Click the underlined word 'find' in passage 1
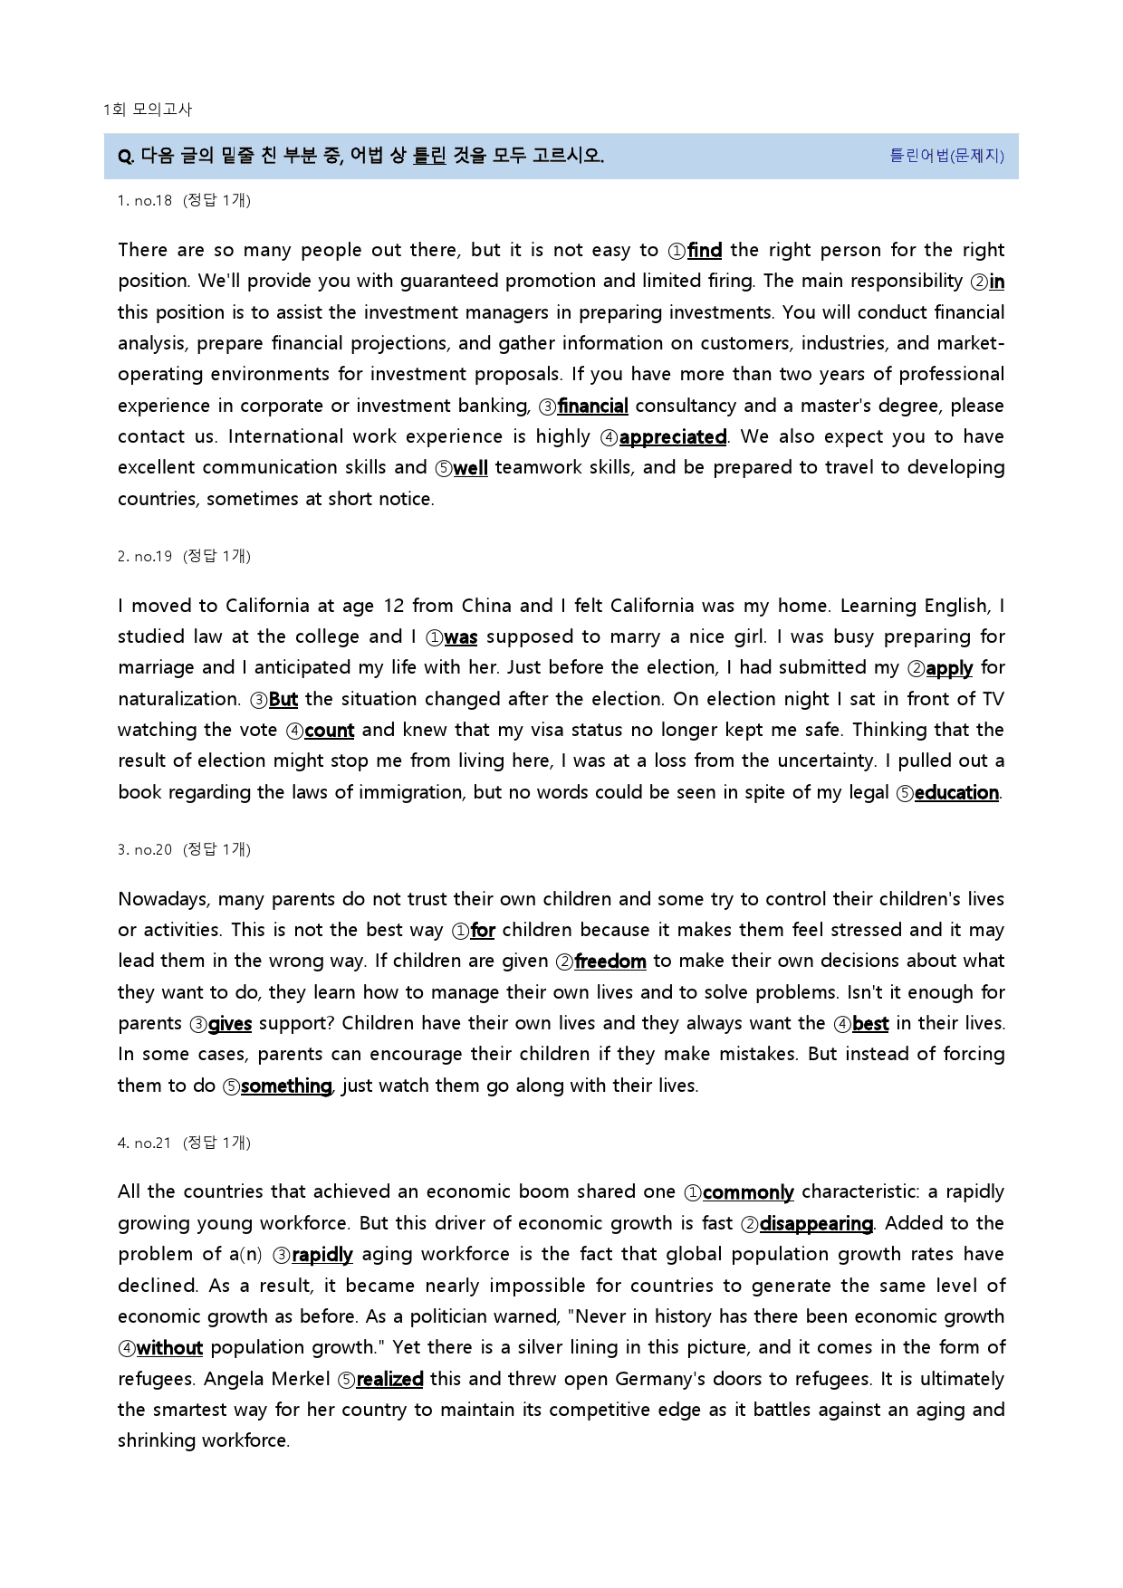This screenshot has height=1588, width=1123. tap(704, 251)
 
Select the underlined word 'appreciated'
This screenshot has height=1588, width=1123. tap(672, 437)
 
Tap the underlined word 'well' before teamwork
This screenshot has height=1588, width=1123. tap(470, 468)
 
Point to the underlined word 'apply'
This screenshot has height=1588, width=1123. tap(949, 668)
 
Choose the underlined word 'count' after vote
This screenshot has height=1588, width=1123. tap(329, 731)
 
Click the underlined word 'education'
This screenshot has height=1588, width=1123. tap(956, 793)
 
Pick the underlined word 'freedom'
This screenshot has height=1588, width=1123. tap(609, 961)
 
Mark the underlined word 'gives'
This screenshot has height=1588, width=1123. tap(229, 1024)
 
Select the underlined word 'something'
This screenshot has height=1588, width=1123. tap(286, 1086)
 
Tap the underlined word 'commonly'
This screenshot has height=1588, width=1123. tap(748, 1192)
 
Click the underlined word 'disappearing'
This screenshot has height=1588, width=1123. tap(816, 1224)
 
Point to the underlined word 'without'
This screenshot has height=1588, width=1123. tap(169, 1348)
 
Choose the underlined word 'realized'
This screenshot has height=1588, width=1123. tap(389, 1380)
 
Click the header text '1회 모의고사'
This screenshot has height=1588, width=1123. tap(148, 110)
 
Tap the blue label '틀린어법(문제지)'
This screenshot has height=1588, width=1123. tap(946, 156)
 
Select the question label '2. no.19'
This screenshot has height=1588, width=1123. tap(145, 557)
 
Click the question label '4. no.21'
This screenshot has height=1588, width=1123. tap(145, 1143)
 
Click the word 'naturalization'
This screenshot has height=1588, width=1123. tap(178, 700)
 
